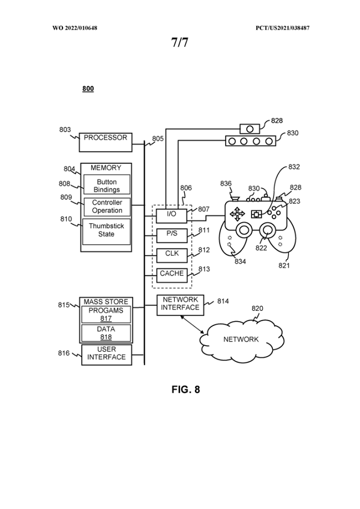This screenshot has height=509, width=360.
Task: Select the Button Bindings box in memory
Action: pos(106,185)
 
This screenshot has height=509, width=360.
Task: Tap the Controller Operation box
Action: pos(107,206)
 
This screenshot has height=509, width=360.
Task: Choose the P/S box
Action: pos(171,233)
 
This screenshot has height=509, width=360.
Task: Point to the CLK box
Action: pos(171,254)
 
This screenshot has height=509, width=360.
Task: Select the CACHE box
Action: pos(171,274)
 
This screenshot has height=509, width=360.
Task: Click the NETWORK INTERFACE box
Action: pos(179,304)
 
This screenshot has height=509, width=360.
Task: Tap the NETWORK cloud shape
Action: pos(241,339)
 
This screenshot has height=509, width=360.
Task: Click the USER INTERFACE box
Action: pos(106,354)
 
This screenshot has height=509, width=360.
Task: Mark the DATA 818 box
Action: pos(106,333)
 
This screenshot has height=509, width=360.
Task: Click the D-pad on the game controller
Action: pos(238,213)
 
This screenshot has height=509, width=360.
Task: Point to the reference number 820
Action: pos(257,309)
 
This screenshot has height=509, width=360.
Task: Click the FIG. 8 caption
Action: pos(185,389)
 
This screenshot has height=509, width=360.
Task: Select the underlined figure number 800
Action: pos(88,89)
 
